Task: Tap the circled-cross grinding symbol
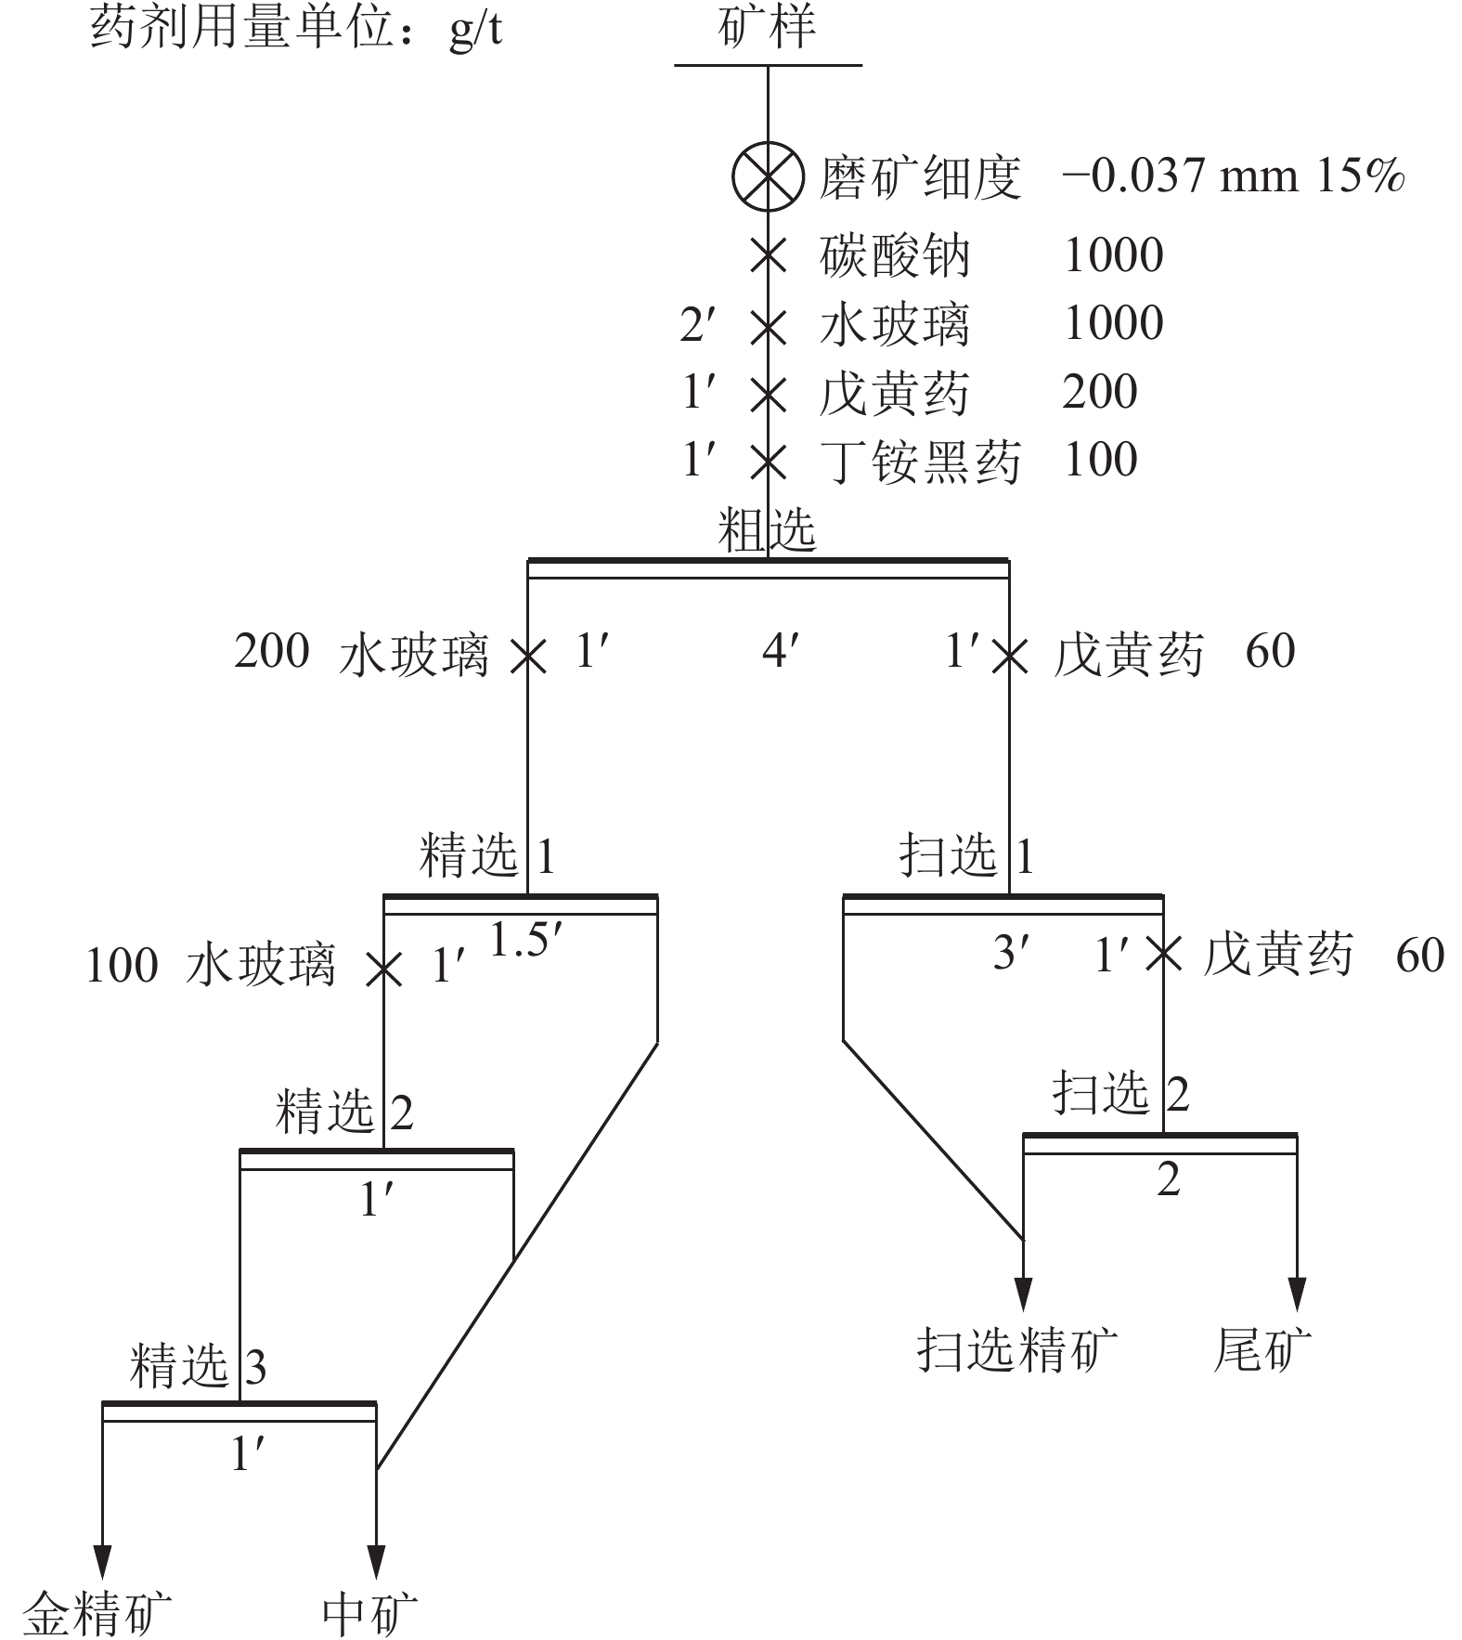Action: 768,176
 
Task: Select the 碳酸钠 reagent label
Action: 895,255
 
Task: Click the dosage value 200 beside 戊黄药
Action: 1100,391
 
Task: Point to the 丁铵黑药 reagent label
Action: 920,461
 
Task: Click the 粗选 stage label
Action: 767,531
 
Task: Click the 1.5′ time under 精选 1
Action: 524,941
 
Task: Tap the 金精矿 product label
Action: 97,1613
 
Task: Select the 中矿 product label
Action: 369,1613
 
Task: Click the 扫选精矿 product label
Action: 1018,1348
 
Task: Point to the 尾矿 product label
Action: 1262,1348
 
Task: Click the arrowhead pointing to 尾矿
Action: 1297,1294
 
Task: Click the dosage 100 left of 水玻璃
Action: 122,966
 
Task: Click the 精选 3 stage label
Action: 199,1366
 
